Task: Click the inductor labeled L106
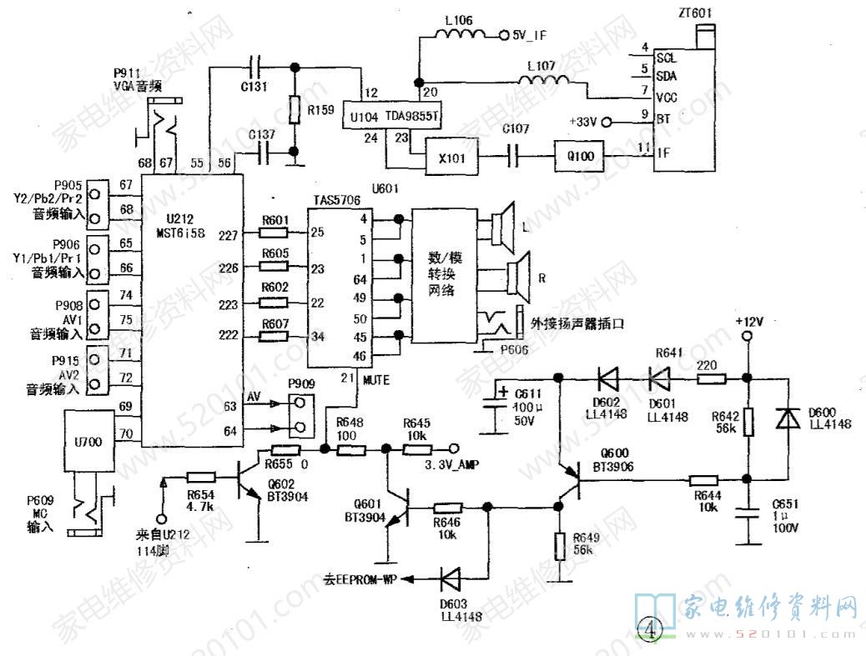coord(460,35)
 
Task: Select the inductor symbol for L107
coord(545,80)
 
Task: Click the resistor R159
coord(294,109)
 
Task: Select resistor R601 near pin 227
coord(274,233)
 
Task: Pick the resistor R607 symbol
coord(274,336)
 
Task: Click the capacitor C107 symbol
coord(515,154)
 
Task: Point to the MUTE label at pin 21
coord(375,378)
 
